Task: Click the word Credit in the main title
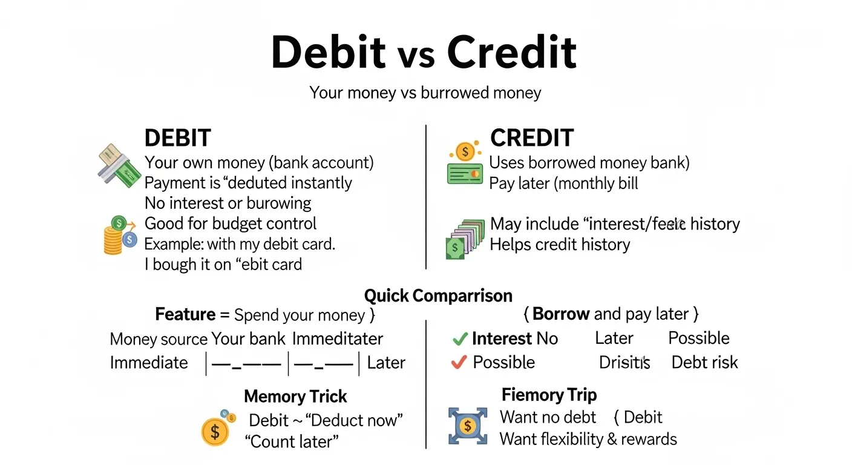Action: (x=511, y=53)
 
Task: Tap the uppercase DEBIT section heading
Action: (x=177, y=138)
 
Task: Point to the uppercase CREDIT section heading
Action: (x=531, y=138)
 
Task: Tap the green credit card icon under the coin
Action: (x=464, y=173)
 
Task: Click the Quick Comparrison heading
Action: (x=438, y=295)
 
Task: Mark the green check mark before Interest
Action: (x=460, y=339)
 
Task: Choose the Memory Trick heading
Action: (x=295, y=397)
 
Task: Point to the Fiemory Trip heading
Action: (x=549, y=395)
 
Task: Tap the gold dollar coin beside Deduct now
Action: (x=215, y=430)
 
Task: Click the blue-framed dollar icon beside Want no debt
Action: (x=467, y=426)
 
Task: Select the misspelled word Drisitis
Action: (x=624, y=363)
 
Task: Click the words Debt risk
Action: (x=704, y=363)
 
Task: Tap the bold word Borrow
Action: (x=561, y=314)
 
